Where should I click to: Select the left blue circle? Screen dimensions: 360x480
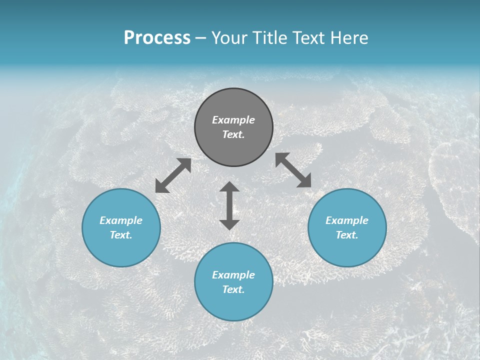121,227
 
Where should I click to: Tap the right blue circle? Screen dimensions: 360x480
347,227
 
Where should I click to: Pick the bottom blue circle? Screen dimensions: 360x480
233,282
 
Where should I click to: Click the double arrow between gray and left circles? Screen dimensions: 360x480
173,175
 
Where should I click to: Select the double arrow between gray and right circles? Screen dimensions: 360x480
293,170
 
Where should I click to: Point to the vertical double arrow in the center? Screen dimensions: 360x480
229,205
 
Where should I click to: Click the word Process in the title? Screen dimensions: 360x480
157,38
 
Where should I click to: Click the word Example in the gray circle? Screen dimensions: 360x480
233,120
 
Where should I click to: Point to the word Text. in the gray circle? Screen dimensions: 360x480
233,134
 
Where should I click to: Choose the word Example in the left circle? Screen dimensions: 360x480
121,220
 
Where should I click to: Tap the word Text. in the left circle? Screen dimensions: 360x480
121,235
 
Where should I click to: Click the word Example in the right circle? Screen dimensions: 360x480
347,220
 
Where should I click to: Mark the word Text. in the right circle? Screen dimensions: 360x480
347,235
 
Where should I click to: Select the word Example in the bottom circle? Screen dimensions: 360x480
233,275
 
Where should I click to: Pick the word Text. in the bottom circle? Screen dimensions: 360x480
233,289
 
